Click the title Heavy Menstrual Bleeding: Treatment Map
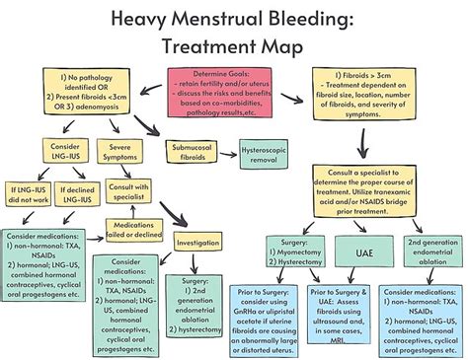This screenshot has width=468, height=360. pos(234,31)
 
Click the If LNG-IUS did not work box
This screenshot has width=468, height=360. pos(27,193)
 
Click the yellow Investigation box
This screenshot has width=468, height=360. pos(197,242)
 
